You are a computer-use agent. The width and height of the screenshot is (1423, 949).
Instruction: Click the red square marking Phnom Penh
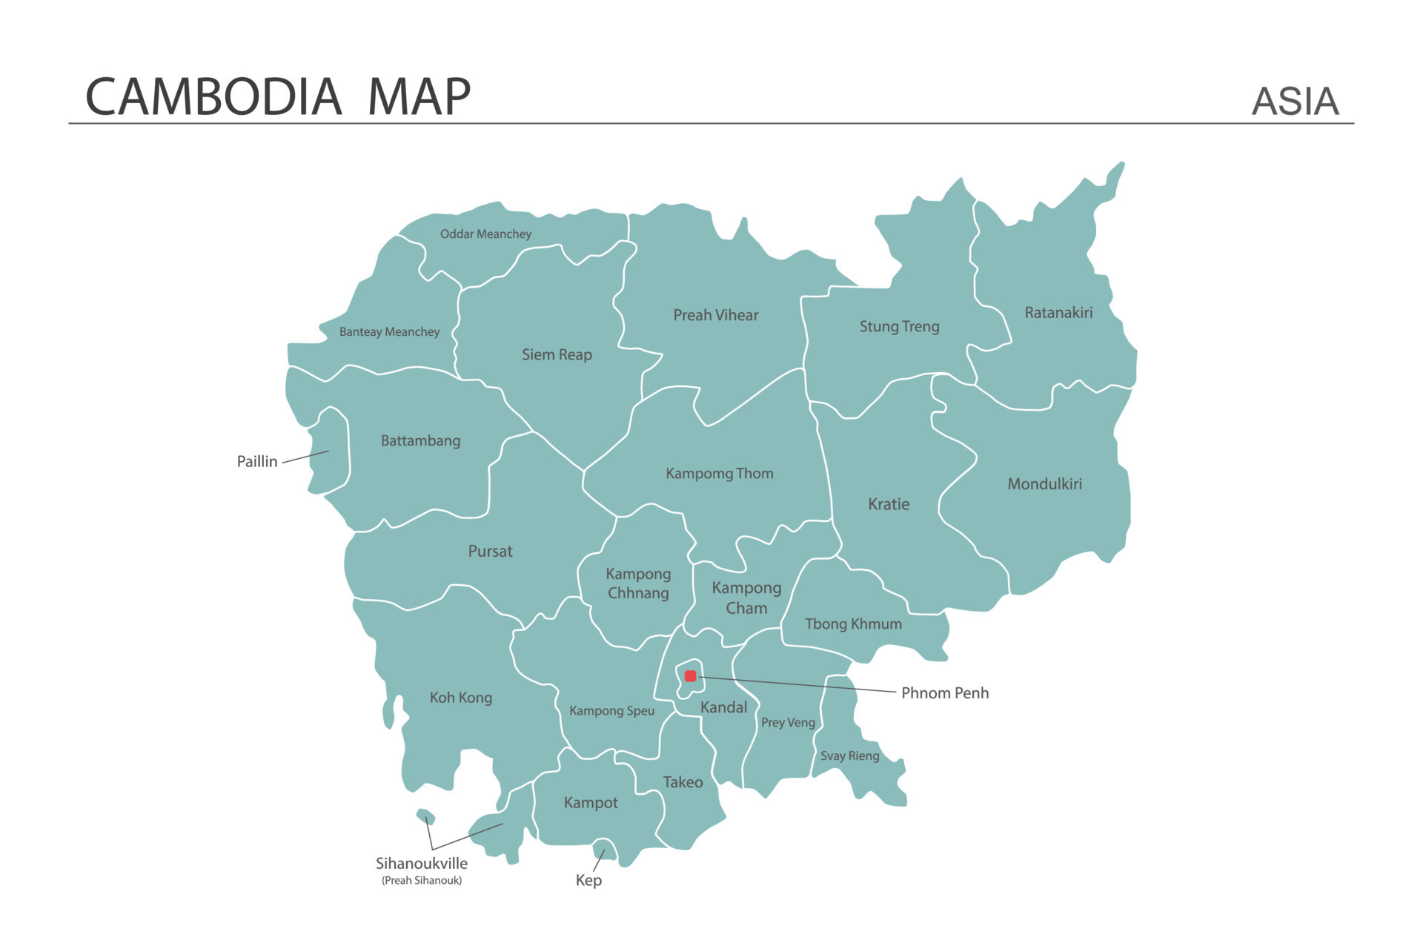pos(690,675)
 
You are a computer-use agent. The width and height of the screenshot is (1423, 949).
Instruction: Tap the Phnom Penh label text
pos(944,693)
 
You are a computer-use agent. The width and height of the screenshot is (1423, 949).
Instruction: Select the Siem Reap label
pos(557,355)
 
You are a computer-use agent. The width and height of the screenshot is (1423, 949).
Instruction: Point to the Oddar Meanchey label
pos(485,234)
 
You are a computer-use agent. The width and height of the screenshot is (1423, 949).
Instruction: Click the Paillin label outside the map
pos(256,462)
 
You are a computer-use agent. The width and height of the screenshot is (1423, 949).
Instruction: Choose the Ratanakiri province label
pos(1058,313)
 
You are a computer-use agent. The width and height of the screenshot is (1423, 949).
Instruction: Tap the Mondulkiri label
pos(1044,484)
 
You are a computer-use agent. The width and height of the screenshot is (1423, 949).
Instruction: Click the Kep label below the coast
pos(588,880)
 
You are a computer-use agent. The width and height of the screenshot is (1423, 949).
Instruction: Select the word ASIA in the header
pos(1295,102)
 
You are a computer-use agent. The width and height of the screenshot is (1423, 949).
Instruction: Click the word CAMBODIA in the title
pos(213,97)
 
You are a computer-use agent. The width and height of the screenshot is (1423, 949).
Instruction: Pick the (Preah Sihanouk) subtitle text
pos(421,881)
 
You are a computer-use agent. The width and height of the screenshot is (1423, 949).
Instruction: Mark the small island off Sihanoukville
pos(425,816)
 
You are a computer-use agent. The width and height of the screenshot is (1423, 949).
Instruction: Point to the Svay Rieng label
pos(849,756)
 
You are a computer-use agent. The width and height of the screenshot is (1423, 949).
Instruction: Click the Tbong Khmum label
pos(853,624)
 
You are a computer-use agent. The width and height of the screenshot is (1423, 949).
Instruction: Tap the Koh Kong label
pos(460,698)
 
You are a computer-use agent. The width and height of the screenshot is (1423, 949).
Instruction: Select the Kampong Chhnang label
pos(638,583)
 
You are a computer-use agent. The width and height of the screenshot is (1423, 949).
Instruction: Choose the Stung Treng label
pos(899,327)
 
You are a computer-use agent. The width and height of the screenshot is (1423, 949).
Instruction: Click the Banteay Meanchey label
pos(389,332)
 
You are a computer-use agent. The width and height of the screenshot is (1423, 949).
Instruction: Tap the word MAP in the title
pos(419,97)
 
